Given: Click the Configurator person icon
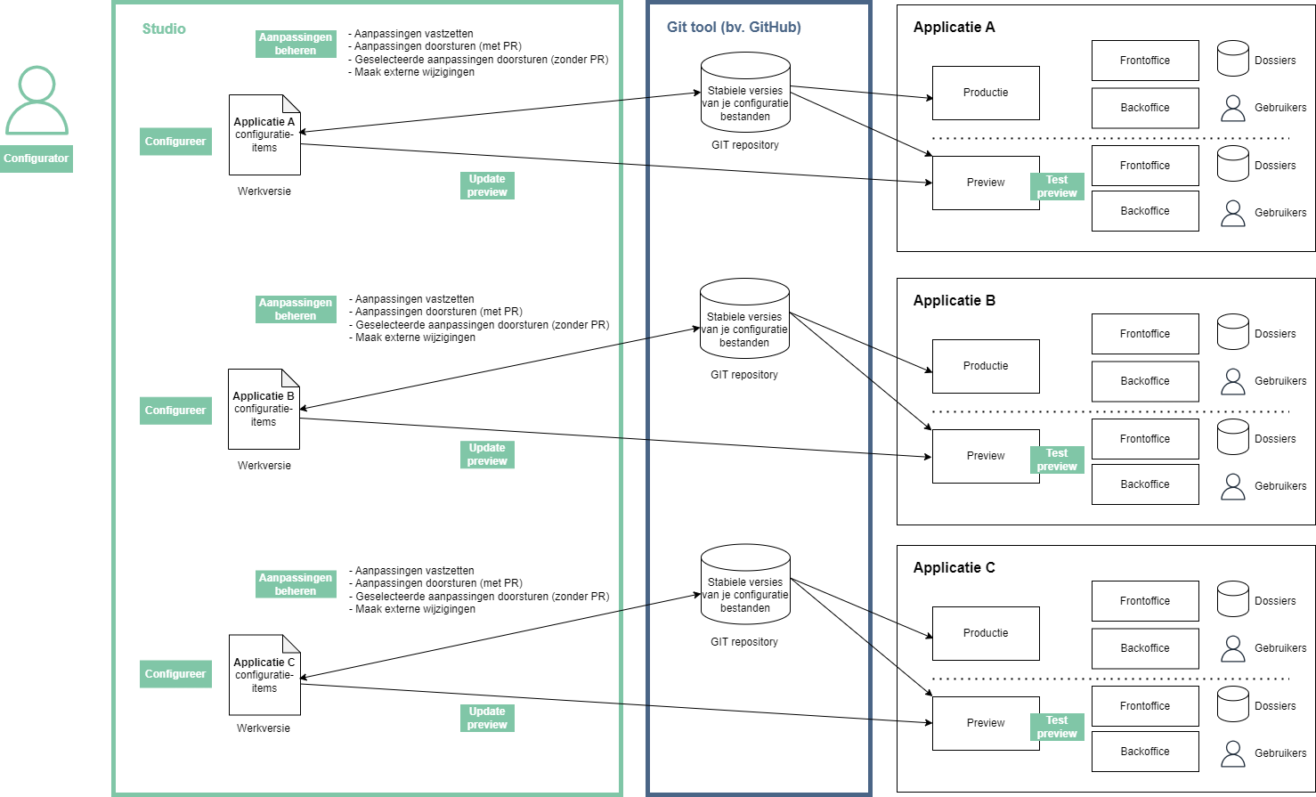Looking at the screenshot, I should pos(37,101).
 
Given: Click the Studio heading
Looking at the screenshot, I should pos(164,29).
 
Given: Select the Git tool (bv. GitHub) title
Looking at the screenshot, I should pos(734,28).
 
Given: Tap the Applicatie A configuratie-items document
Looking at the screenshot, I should pos(264,135).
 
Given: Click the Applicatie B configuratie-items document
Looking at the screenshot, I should pos(264,410).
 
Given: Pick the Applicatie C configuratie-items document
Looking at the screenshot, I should pos(264,675).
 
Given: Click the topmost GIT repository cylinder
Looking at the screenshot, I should pos(745,94).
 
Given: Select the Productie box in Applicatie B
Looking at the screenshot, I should pos(986,366).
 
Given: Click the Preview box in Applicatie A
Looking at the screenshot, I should pos(986,183).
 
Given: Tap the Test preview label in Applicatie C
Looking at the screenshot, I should pos(1057,727).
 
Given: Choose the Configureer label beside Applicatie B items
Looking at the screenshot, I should pos(175,411).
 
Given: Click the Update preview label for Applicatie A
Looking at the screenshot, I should pos(487,185).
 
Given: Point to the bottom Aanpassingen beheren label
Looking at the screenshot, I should pos(296,584).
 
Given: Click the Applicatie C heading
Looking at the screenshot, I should pos(954,568).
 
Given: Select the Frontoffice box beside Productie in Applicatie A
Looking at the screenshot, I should pos(1145,61).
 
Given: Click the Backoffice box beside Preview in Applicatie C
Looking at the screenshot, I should pos(1145,752).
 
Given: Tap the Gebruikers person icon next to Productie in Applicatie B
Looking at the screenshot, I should pos(1233,381).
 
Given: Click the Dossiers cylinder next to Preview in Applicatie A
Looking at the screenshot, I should pos(1233,165).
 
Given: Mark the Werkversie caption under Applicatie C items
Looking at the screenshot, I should pos(264,728).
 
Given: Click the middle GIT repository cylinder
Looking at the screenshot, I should pos(744,319).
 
